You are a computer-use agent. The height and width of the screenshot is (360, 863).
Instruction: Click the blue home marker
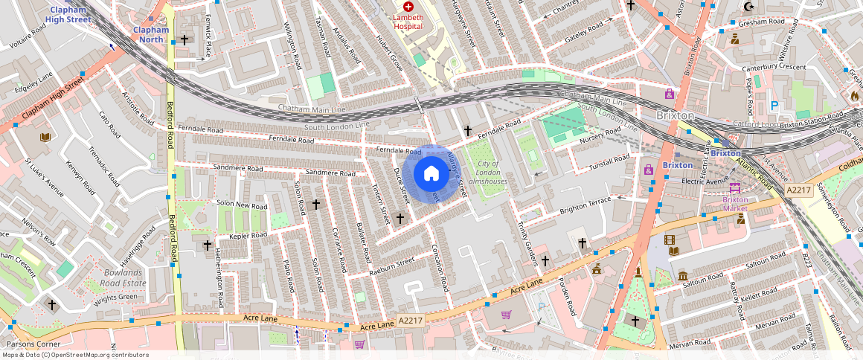coord(431,174)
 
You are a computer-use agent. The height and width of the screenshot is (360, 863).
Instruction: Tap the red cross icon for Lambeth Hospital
coord(408,7)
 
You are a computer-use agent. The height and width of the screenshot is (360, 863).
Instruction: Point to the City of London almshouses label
coord(488,173)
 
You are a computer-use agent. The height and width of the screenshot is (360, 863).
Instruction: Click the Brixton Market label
coord(735,203)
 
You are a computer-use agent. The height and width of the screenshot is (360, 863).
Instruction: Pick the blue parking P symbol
coord(774,106)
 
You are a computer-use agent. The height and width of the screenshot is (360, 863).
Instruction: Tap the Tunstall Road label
coord(609,161)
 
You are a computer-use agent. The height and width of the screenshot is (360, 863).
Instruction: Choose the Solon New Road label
coord(241,205)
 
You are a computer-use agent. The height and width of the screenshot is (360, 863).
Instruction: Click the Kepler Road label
coord(248,236)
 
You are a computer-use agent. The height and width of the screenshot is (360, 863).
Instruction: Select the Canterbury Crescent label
coord(774,67)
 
